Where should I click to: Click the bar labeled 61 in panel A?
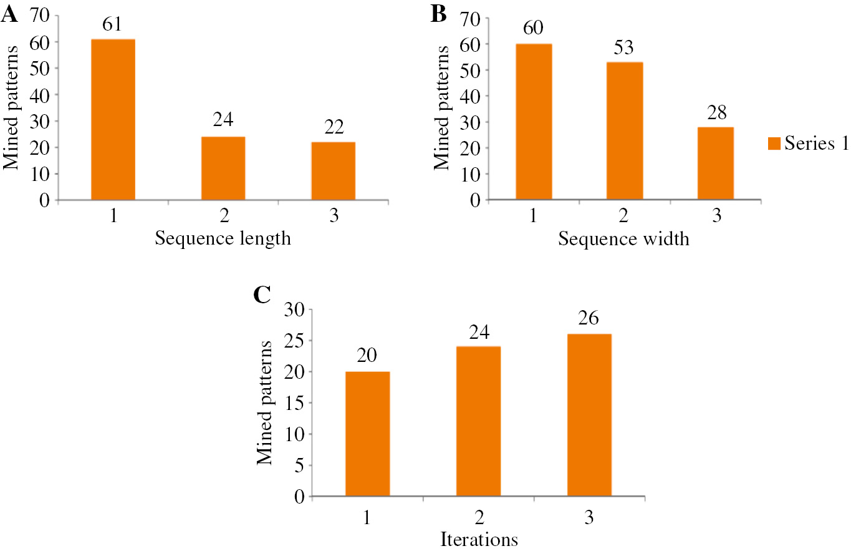point(113,119)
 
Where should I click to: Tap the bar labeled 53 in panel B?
point(624,130)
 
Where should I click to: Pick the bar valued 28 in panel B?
point(715,163)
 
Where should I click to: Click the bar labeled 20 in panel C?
point(367,434)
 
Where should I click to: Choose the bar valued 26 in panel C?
point(590,415)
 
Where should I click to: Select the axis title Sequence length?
point(223,239)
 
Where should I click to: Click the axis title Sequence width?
point(624,239)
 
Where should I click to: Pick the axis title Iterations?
point(478,538)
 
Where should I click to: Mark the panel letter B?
point(439,13)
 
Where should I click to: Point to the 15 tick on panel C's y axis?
point(294,402)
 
